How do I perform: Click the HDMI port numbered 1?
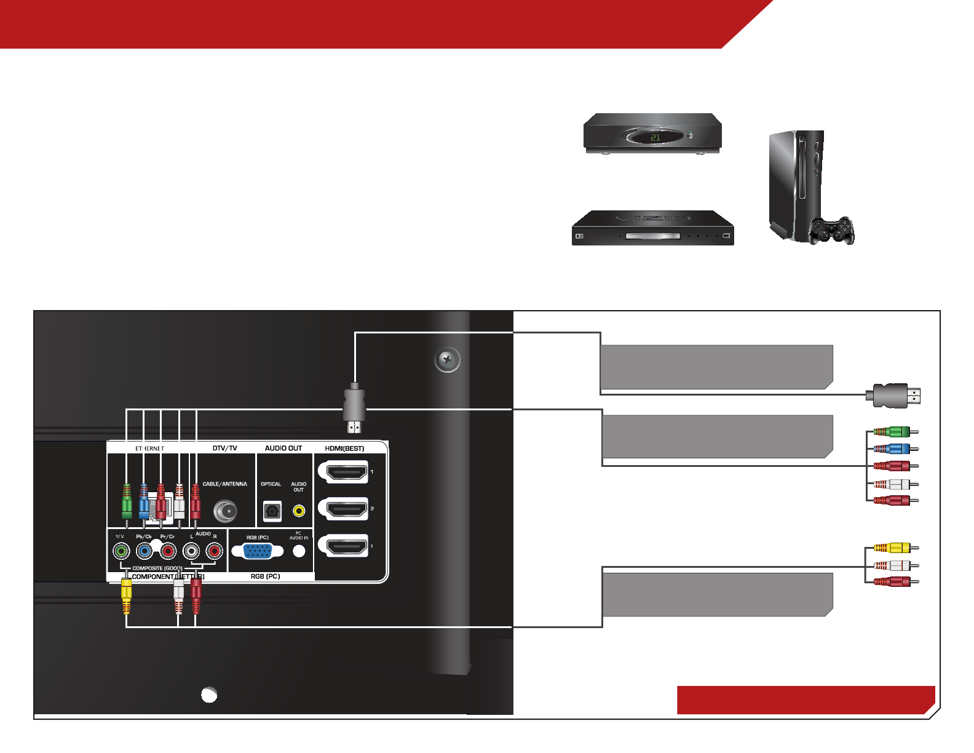click(x=343, y=472)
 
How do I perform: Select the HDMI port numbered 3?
click(x=343, y=546)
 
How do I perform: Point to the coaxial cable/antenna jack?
click(x=225, y=511)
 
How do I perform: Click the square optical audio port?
click(x=272, y=511)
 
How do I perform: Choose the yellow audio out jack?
click(x=299, y=511)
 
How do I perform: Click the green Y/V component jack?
click(x=121, y=551)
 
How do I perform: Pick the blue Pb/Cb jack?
click(x=145, y=551)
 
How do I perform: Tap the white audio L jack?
click(x=191, y=551)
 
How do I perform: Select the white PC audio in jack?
click(x=299, y=551)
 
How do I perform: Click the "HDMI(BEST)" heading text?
click(x=344, y=448)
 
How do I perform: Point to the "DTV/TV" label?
click(x=224, y=448)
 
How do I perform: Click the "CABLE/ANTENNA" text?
click(x=224, y=484)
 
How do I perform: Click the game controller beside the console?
click(x=831, y=230)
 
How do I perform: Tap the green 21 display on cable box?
click(x=655, y=137)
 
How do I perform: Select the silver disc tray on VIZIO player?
click(x=653, y=236)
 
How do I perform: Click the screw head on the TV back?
click(x=448, y=359)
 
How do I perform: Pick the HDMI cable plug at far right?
click(x=895, y=395)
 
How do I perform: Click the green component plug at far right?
click(x=895, y=432)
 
